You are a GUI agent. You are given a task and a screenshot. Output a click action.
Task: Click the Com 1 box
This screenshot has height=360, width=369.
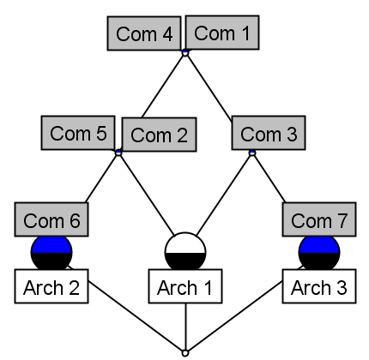tap(221, 33)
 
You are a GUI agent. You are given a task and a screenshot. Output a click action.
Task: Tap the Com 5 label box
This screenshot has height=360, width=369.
tap(78, 134)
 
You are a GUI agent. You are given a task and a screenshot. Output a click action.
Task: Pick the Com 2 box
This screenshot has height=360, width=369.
tap(160, 135)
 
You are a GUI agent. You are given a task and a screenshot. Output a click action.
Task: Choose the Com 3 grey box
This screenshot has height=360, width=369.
tap(268, 135)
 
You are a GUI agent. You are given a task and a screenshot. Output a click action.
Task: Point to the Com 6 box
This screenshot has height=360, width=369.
tap(51, 220)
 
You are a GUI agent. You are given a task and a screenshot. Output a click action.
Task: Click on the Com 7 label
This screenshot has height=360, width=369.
tap(318, 220)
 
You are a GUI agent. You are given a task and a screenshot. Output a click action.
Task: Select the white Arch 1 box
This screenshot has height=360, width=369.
tap(185, 287)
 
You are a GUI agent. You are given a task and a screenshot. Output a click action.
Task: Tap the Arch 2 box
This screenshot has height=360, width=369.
tap(51, 287)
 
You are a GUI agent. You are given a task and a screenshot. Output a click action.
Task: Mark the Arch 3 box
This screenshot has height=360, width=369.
tap(318, 287)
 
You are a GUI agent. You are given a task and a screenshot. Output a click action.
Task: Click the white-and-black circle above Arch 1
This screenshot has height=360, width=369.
tap(185, 252)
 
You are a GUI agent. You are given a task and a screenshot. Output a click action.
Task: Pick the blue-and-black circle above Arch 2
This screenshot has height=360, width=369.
tap(51, 254)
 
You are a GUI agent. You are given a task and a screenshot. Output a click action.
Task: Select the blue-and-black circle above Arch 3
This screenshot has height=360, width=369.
tap(318, 254)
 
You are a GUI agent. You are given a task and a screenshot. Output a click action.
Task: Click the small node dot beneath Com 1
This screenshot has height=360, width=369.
tap(184, 53)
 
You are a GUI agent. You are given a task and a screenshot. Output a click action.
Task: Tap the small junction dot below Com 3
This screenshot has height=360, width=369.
tap(251, 153)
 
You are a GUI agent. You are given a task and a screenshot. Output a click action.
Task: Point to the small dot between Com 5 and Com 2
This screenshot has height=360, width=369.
tap(118, 153)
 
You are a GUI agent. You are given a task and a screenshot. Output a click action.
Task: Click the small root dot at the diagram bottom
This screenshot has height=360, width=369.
tap(185, 351)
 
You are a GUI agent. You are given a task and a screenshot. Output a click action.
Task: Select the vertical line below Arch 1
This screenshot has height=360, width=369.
tap(185, 326)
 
